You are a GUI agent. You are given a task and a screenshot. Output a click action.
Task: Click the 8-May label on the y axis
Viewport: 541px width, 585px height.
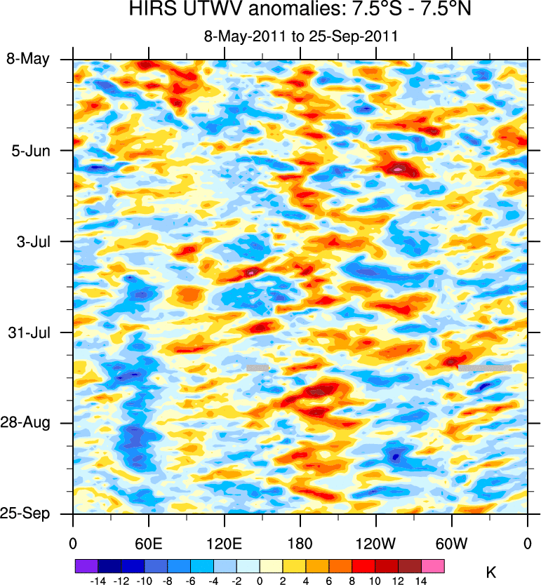(28, 59)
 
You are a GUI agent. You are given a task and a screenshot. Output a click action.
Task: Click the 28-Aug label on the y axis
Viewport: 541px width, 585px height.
(28, 423)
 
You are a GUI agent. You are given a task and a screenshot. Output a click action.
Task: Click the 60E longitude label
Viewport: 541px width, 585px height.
(148, 544)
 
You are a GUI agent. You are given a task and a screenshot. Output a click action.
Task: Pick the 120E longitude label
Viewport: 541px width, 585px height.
(224, 544)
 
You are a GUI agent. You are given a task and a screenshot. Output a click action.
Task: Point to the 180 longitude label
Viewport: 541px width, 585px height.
(300, 544)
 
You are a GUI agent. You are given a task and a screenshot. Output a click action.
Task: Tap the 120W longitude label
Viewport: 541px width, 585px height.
(375, 544)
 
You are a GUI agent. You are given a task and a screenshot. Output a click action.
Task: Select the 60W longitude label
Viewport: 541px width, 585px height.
(451, 544)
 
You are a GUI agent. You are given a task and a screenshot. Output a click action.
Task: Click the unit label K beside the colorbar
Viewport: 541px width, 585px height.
(490, 572)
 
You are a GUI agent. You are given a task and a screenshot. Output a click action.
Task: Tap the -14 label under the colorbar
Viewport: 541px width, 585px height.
(97, 580)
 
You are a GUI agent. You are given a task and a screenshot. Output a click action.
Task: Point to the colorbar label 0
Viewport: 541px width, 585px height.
(260, 580)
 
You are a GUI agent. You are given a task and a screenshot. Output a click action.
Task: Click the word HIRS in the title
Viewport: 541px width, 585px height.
(152, 11)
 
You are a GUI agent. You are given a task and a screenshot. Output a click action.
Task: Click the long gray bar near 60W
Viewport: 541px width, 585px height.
(484, 367)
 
